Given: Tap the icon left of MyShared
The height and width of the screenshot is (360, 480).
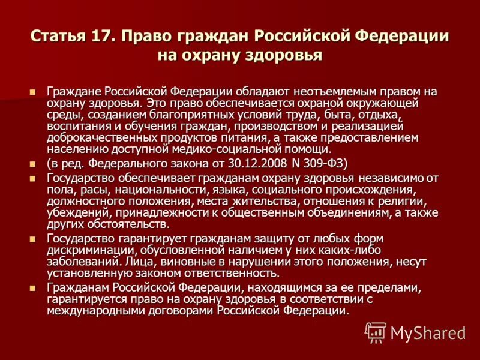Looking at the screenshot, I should (376, 332).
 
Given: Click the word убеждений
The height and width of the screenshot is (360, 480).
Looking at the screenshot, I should (76, 213).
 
